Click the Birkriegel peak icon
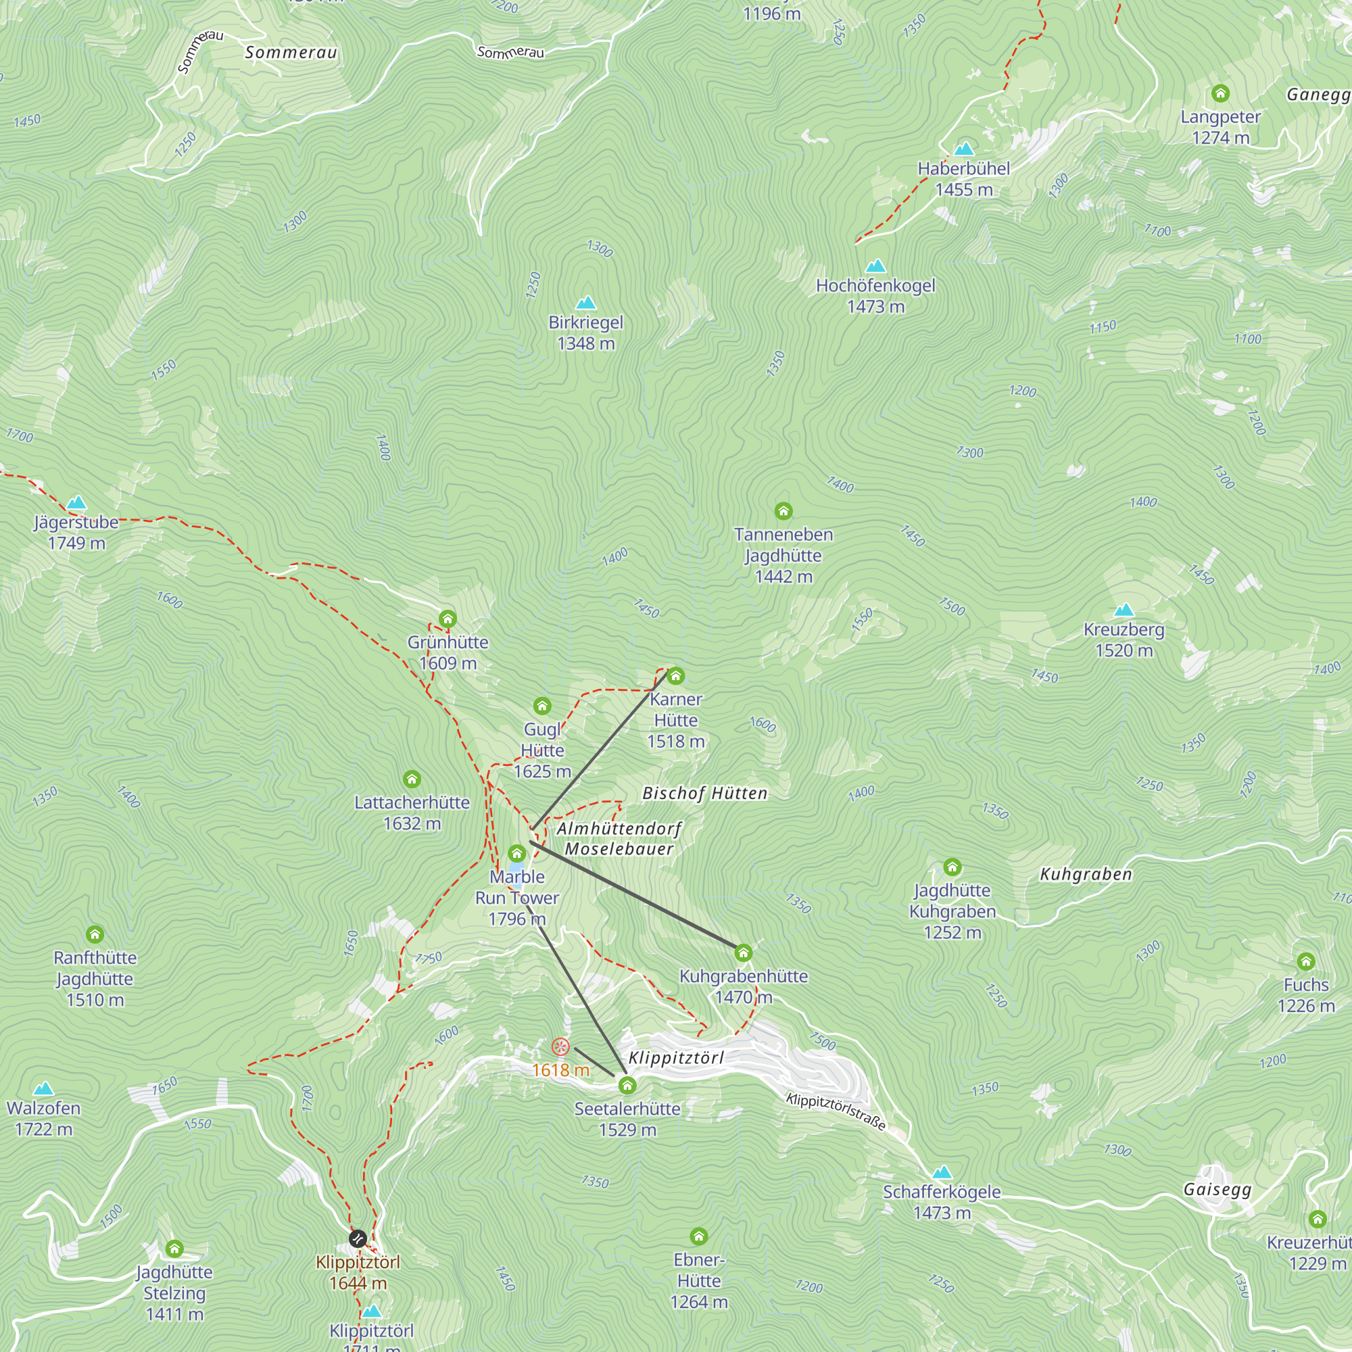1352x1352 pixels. pyautogui.click(x=585, y=303)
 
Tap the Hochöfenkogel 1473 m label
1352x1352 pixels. pyautogui.click(x=875, y=295)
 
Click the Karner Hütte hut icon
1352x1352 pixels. pyautogui.click(x=675, y=676)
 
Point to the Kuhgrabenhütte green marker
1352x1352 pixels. pyautogui.click(x=743, y=952)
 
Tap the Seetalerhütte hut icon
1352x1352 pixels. pyautogui.click(x=627, y=1086)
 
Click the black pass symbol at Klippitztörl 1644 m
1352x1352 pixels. pyautogui.click(x=358, y=1238)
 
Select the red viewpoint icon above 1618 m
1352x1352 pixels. pyautogui.click(x=560, y=1047)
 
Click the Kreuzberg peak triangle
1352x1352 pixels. pyautogui.click(x=1124, y=610)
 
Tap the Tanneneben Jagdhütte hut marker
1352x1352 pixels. pyautogui.click(x=783, y=512)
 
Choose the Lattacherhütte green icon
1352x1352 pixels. pyautogui.click(x=412, y=779)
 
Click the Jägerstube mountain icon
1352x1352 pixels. pyautogui.click(x=76, y=502)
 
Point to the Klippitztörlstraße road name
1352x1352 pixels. pyautogui.click(x=836, y=1111)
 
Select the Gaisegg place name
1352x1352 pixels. pyautogui.click(x=1217, y=1190)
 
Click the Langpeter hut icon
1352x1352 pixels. pyautogui.click(x=1220, y=93)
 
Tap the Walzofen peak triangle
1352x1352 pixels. pyautogui.click(x=43, y=1089)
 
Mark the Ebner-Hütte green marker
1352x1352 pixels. pyautogui.click(x=698, y=1236)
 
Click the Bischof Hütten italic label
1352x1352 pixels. pyautogui.click(x=704, y=794)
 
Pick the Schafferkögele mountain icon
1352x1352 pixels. pyautogui.click(x=942, y=1172)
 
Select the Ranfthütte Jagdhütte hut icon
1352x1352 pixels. pyautogui.click(x=95, y=934)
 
